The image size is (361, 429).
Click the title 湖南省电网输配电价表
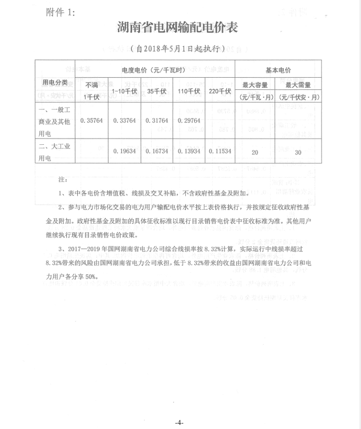[x=178, y=29]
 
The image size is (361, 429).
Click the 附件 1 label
[x=60, y=12]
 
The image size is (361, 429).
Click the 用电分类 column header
[x=55, y=82]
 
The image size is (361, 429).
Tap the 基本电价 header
[x=278, y=70]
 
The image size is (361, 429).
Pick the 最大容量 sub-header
[x=255, y=84]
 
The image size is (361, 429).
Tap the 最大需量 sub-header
[x=297, y=84]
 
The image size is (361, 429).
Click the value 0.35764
[x=92, y=120]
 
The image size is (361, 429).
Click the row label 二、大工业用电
[x=54, y=151]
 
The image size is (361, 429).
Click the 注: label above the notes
[x=63, y=180]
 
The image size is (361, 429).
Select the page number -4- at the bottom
[x=179, y=423]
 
